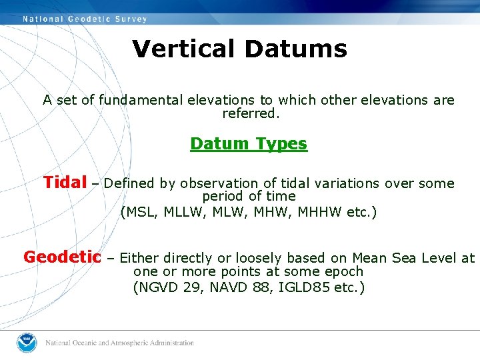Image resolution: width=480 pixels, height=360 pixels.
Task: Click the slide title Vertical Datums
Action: [x=239, y=49]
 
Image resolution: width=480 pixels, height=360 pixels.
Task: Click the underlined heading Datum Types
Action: [x=249, y=143]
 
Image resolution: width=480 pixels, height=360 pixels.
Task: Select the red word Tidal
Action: [x=65, y=182]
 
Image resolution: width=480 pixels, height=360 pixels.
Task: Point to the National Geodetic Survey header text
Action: [x=85, y=19]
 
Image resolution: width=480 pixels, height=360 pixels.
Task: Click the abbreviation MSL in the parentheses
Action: [x=139, y=213]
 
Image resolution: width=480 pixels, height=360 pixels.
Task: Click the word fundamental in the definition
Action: [x=142, y=100]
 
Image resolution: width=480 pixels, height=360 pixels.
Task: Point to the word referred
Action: [x=249, y=113]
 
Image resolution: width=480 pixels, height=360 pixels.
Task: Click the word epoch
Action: [x=342, y=271]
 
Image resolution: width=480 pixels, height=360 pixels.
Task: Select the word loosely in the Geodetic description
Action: [x=245, y=258]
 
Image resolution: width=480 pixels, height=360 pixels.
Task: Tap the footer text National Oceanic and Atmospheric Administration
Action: [x=119, y=343]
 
